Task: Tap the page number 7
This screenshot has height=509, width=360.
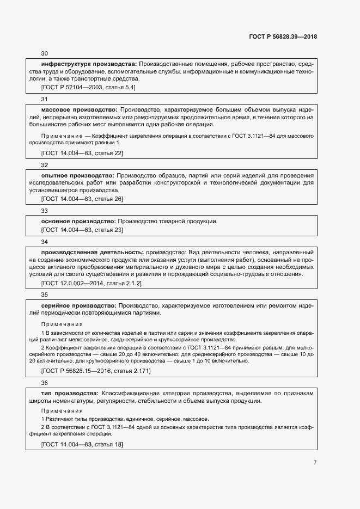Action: [315, 463]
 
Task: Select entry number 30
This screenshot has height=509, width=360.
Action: [45, 53]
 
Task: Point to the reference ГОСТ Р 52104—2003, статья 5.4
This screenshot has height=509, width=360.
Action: [88, 87]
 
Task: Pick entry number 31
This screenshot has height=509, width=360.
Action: [45, 99]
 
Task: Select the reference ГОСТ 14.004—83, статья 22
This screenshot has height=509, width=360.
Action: [82, 154]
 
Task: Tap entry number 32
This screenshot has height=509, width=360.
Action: [45, 165]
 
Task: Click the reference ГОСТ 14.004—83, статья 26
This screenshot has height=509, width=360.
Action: [82, 199]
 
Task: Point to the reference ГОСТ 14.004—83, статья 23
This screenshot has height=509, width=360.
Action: [82, 230]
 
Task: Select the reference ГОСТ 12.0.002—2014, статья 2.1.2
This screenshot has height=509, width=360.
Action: [91, 284]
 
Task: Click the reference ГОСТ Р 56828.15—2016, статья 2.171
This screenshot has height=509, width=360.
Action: [96, 371]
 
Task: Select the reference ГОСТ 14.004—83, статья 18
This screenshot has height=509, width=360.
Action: [82, 445]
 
